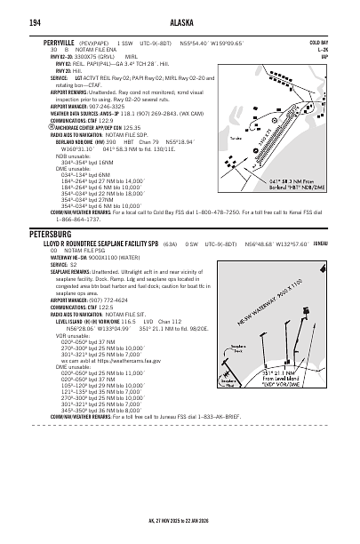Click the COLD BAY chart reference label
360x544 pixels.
pyautogui.click(x=342, y=42)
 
